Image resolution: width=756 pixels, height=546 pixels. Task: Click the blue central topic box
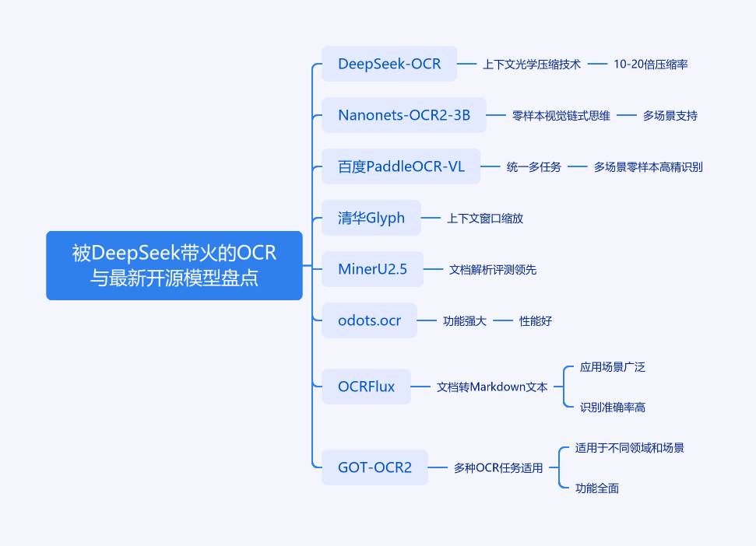(x=174, y=265)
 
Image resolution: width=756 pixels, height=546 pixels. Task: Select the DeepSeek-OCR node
(x=389, y=64)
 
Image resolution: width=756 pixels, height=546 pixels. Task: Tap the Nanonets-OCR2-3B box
(x=404, y=115)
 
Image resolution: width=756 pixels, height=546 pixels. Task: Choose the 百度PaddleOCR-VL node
(x=401, y=166)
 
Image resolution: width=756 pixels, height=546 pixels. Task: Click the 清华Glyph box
(x=371, y=218)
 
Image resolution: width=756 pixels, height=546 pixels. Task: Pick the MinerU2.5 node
(x=372, y=270)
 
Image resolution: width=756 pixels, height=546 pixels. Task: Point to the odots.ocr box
(x=369, y=320)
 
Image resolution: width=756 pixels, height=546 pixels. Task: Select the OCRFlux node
(x=366, y=387)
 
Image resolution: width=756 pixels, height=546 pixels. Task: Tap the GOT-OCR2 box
(x=374, y=467)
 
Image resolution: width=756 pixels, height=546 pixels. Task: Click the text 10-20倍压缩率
(x=650, y=64)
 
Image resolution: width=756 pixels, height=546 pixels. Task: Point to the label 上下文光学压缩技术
(x=532, y=64)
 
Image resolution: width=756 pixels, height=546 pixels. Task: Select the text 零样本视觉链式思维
(x=561, y=115)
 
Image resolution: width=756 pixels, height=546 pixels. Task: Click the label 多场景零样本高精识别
(x=648, y=166)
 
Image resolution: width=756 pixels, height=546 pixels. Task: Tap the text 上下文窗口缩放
(x=485, y=218)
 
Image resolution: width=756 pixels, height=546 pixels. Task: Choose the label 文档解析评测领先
(x=493, y=270)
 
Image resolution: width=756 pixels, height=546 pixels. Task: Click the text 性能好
(x=536, y=320)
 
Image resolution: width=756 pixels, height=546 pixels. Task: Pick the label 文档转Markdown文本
(x=492, y=387)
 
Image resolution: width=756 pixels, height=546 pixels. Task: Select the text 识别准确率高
(x=613, y=407)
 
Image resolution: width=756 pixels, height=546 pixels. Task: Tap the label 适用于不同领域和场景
(x=630, y=447)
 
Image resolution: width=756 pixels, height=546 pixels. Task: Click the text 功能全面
(x=597, y=488)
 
